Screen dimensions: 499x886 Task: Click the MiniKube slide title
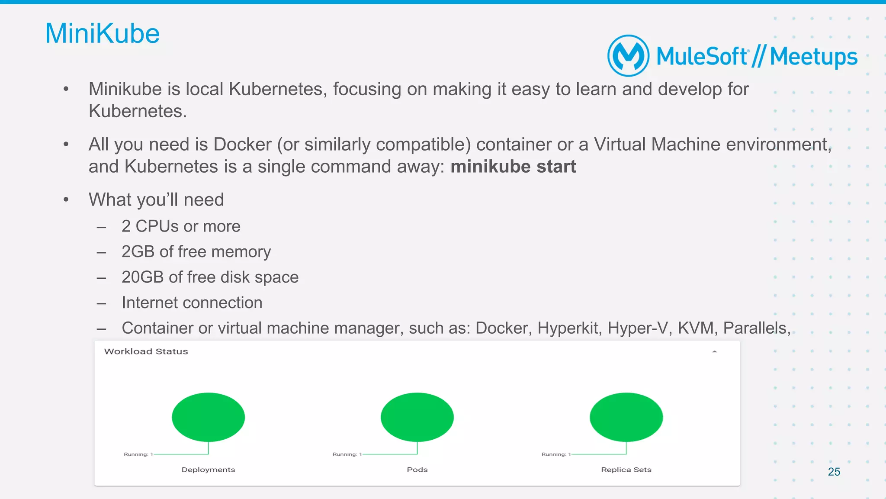pyautogui.click(x=103, y=34)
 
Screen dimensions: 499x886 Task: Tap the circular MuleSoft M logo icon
pyautogui.click(x=628, y=56)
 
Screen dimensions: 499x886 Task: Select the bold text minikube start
pyautogui.click(x=513, y=167)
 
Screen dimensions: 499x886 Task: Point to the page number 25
pyautogui.click(x=834, y=472)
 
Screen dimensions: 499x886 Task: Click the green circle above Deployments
pyautogui.click(x=208, y=417)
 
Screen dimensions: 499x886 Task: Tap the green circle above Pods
pyautogui.click(x=417, y=417)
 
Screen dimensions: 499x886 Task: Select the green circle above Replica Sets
pyautogui.click(x=626, y=417)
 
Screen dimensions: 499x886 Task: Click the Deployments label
pyautogui.click(x=208, y=470)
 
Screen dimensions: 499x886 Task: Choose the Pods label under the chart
pyautogui.click(x=417, y=470)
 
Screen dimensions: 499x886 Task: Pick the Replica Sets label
pyautogui.click(x=626, y=470)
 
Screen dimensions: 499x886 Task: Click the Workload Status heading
pyautogui.click(x=146, y=351)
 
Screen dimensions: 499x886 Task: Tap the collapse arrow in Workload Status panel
pyautogui.click(x=714, y=352)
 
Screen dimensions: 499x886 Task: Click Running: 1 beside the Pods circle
pyautogui.click(x=347, y=454)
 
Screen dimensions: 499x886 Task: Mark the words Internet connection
pyautogui.click(x=192, y=303)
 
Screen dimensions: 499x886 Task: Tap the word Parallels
pyautogui.click(x=756, y=328)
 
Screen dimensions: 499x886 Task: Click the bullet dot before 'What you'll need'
pyautogui.click(x=66, y=200)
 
